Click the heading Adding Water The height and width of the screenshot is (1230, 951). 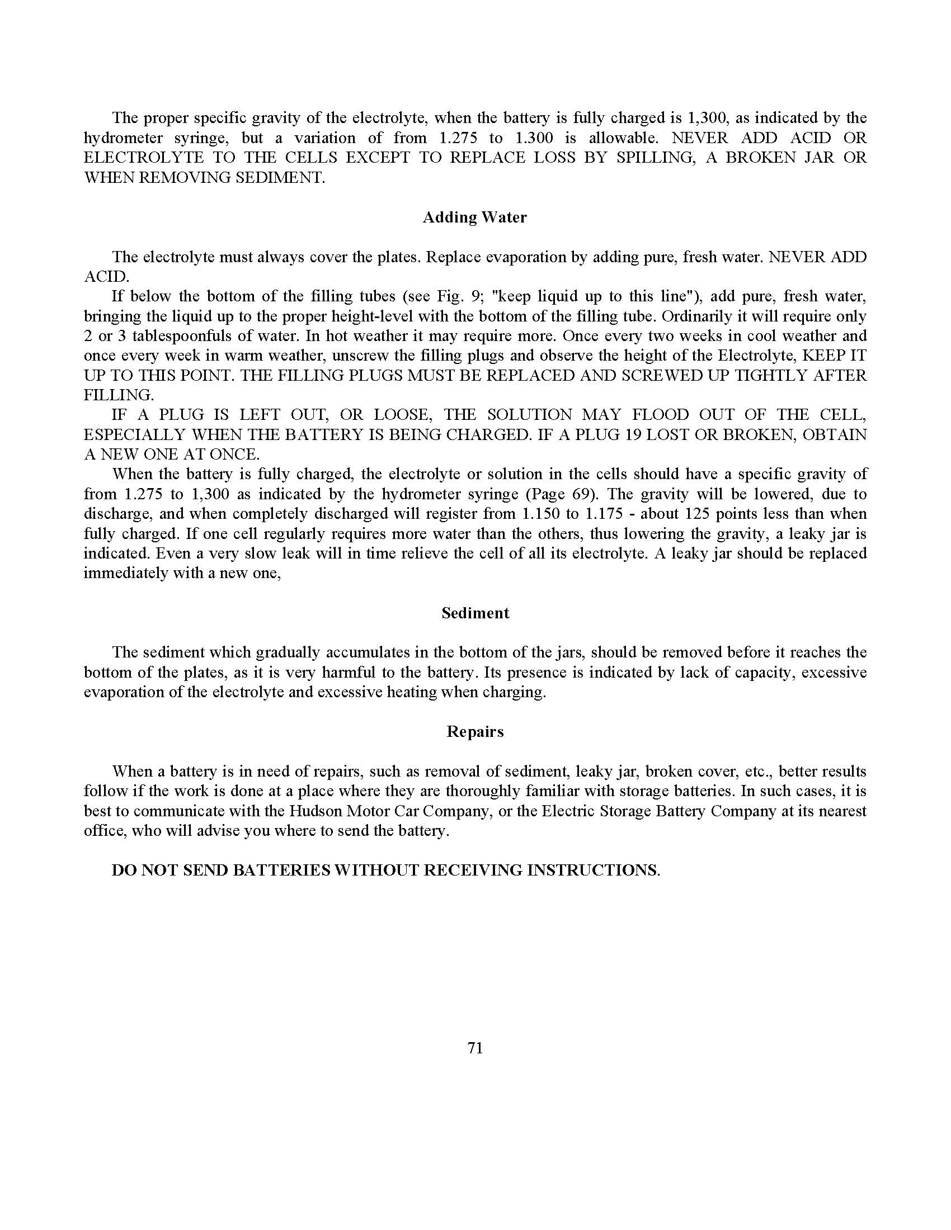point(474,217)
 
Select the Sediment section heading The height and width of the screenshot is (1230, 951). point(475,613)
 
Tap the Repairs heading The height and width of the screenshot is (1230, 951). point(475,732)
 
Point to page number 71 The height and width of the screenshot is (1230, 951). point(475,1048)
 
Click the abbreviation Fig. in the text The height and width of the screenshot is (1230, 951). point(449,296)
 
